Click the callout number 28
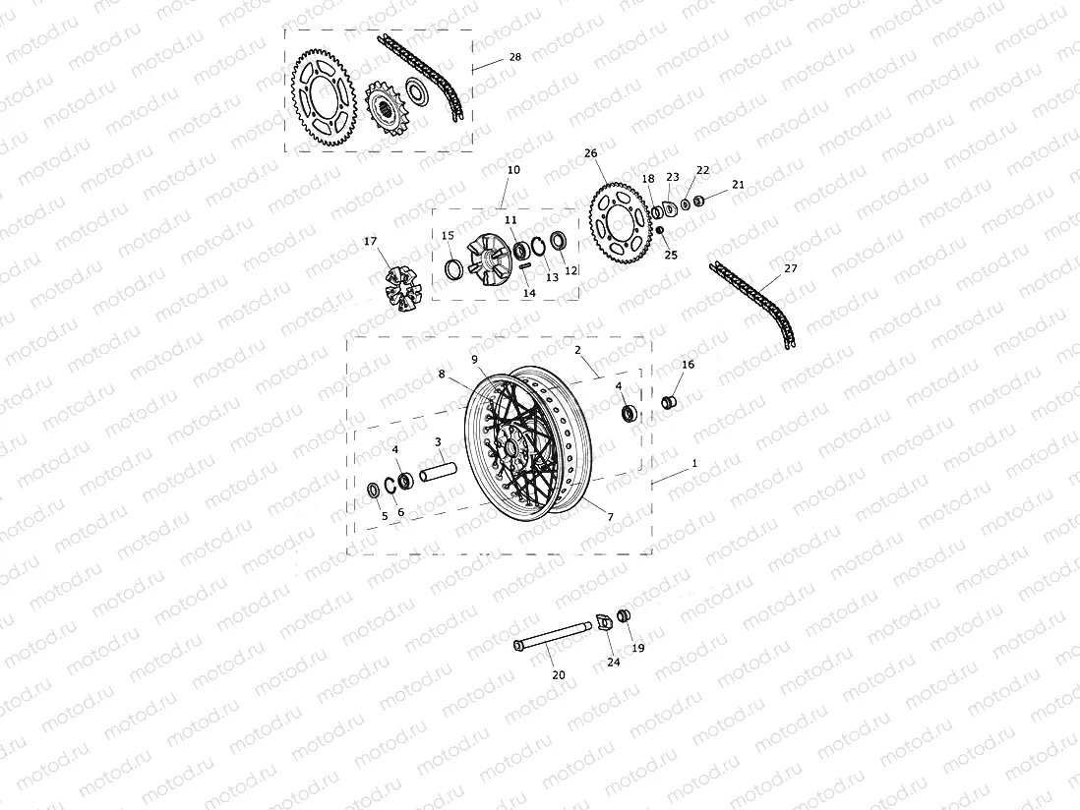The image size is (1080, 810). click(x=514, y=58)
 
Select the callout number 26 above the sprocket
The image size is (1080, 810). click(x=590, y=153)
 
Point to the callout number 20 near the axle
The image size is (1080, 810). click(x=558, y=675)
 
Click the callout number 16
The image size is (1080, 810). click(x=688, y=365)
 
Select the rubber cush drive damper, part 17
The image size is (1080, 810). click(x=400, y=286)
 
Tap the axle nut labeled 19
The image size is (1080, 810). click(x=623, y=616)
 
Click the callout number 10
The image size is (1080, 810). click(x=513, y=170)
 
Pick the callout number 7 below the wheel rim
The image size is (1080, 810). click(x=610, y=517)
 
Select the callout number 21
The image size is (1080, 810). click(x=739, y=185)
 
